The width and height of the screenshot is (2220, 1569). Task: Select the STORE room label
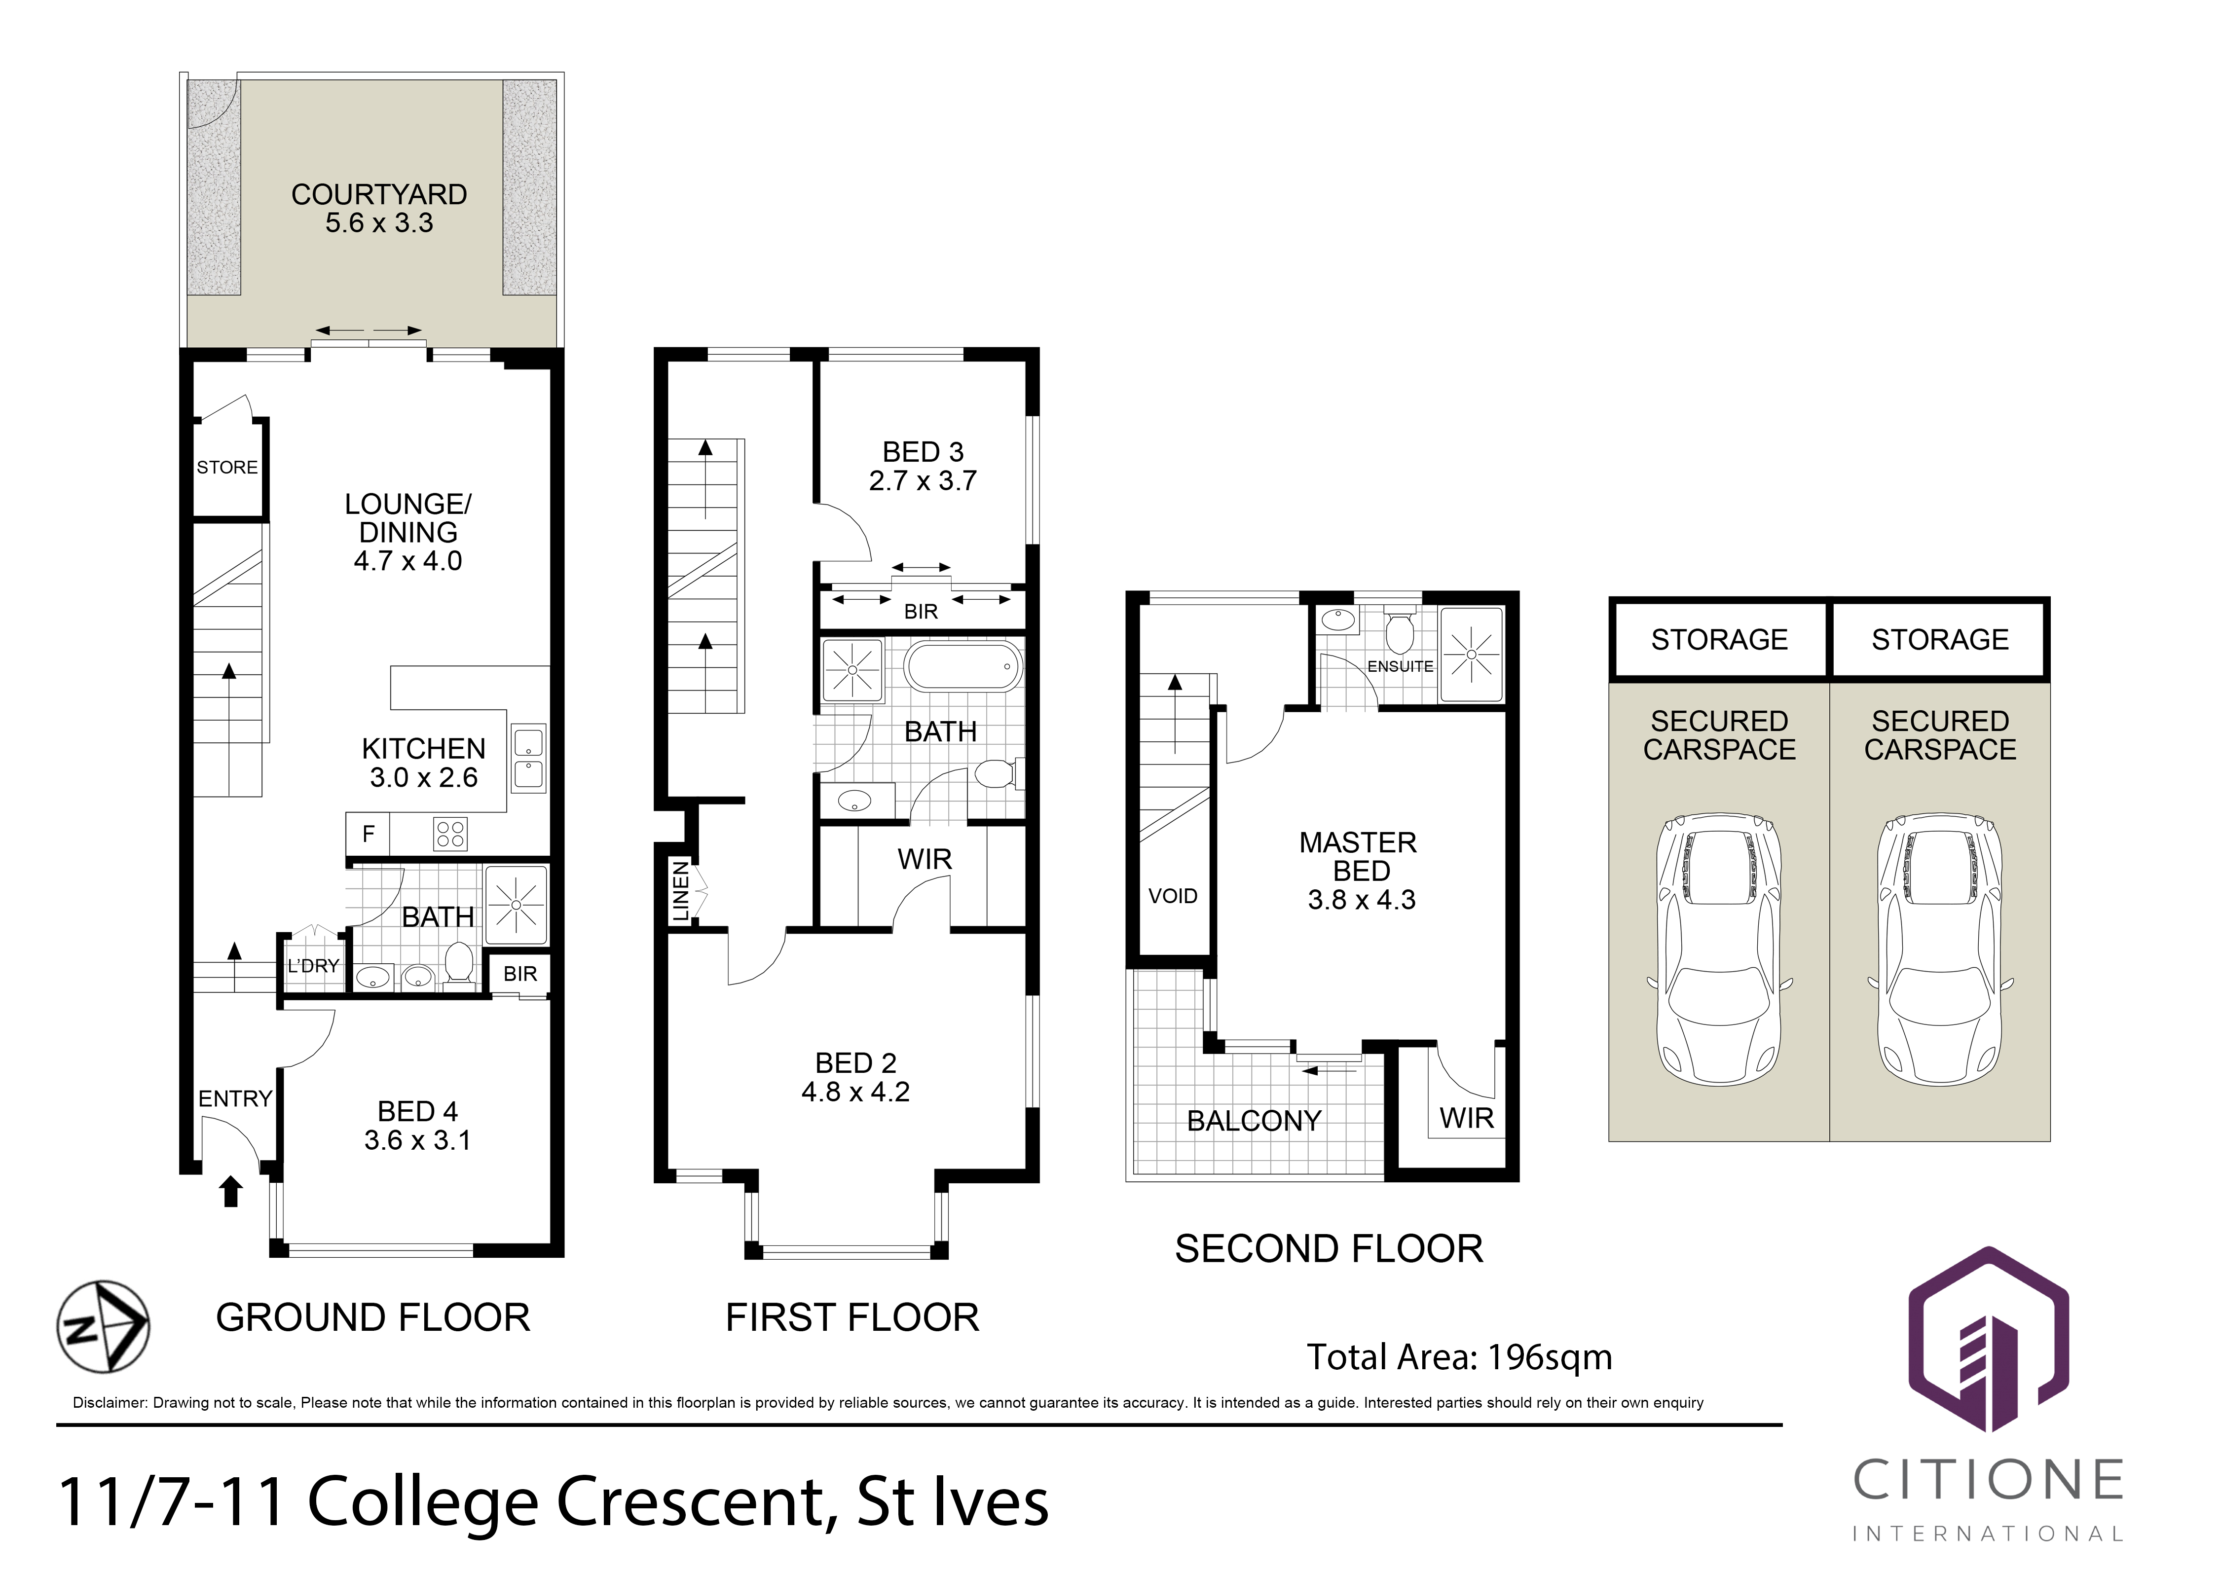[x=227, y=467]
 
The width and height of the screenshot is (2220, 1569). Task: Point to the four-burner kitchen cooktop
[x=450, y=833]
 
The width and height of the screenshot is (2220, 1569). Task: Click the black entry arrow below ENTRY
[x=230, y=1191]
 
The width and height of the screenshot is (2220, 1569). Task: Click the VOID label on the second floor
[x=1173, y=896]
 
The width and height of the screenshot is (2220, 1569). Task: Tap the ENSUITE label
[x=1400, y=666]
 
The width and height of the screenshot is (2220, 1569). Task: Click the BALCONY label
[x=1254, y=1121]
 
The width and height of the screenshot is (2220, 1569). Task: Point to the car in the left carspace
[x=1719, y=949]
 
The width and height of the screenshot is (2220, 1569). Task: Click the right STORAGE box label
[x=1940, y=639]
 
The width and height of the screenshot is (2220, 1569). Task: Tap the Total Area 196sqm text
[x=1459, y=1357]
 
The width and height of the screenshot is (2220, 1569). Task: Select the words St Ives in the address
[x=953, y=1501]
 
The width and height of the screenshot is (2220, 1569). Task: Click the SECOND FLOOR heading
[x=1329, y=1249]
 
